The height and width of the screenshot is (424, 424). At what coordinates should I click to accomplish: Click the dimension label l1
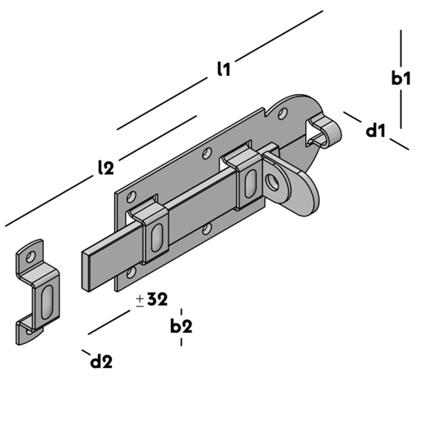223,69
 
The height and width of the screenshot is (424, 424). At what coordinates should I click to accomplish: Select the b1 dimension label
401,78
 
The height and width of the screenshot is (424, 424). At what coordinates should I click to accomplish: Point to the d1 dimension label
376,131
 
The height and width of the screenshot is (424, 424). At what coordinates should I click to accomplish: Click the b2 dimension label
181,326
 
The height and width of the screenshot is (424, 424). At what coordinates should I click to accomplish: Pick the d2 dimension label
102,362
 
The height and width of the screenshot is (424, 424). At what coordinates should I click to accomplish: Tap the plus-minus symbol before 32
139,301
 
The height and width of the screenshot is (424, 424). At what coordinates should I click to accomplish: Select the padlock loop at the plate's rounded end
326,129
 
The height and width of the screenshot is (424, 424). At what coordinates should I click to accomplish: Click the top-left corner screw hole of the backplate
132,196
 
